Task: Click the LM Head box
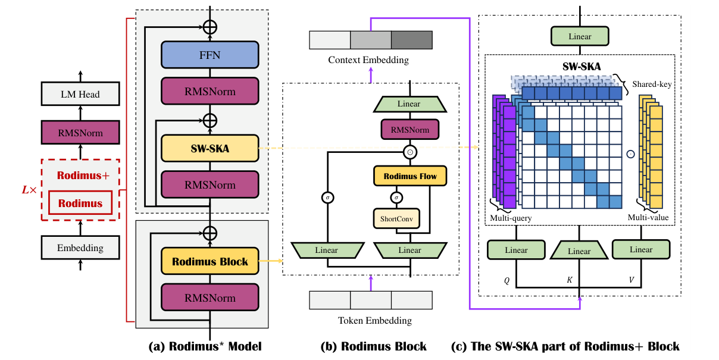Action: (81, 94)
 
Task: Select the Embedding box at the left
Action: (81, 248)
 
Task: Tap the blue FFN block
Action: (210, 55)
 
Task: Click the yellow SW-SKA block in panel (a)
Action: (210, 148)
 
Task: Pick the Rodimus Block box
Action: (210, 261)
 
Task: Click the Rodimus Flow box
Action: (409, 176)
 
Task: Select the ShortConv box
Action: (396, 218)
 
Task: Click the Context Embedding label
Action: (368, 60)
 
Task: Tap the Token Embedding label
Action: (371, 321)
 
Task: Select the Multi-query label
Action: (510, 218)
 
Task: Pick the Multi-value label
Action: (648, 218)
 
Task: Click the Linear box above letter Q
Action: (516, 250)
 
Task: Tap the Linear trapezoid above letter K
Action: (579, 251)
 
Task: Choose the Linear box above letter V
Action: (641, 250)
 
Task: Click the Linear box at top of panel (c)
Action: (580, 36)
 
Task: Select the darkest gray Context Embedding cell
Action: (411, 40)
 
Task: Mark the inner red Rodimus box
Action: (80, 203)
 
